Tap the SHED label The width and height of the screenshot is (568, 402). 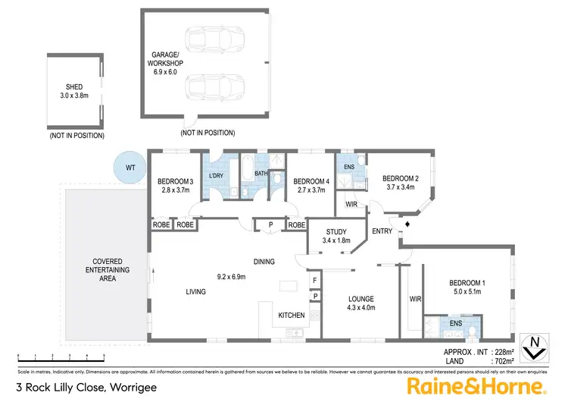[73, 87]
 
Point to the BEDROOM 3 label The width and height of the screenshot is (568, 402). [174, 181]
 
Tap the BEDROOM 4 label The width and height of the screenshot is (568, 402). [310, 181]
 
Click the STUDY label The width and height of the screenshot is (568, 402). [336, 232]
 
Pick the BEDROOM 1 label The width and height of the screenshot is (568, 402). [468, 284]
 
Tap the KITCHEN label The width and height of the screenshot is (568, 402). [292, 315]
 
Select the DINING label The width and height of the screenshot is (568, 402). [264, 262]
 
